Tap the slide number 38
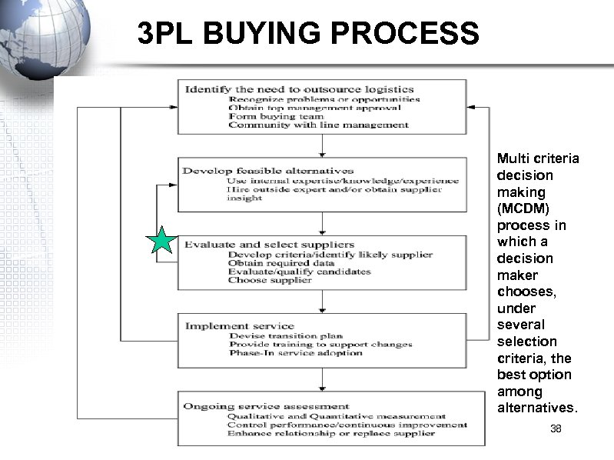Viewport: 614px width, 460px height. [x=556, y=428]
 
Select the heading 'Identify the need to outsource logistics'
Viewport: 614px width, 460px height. [x=300, y=89]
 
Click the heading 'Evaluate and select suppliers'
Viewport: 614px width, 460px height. [x=270, y=245]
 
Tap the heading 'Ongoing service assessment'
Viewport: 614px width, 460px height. [x=267, y=405]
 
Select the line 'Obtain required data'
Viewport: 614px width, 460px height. [x=282, y=263]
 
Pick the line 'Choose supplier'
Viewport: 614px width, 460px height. [x=270, y=280]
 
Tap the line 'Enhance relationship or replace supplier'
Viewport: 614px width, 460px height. [x=330, y=432]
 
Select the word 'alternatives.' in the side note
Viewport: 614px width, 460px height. [x=536, y=408]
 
